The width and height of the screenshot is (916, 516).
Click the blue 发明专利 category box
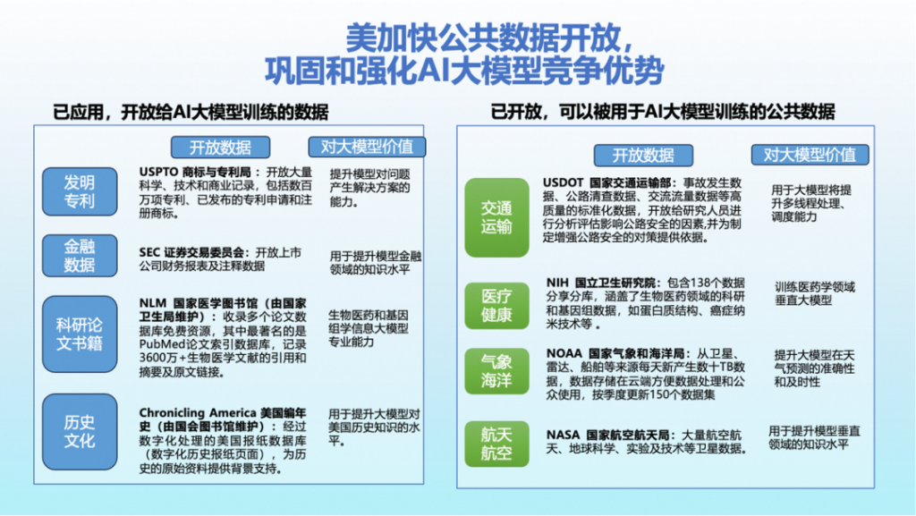(80, 191)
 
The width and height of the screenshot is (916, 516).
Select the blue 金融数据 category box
(80, 256)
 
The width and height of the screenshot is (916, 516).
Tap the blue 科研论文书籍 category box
(80, 334)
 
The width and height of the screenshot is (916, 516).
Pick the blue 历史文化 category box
(80, 431)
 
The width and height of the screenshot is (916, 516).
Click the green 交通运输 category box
(496, 217)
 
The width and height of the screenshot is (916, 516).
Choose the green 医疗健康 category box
(496, 305)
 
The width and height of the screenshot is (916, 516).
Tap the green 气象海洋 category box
(496, 371)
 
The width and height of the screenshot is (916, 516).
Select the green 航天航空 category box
(496, 444)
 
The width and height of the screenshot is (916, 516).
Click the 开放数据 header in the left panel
(220, 147)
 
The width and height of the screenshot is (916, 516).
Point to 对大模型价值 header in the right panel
(810, 155)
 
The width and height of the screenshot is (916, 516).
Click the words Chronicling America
(198, 412)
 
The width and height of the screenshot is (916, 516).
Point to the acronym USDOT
(564, 182)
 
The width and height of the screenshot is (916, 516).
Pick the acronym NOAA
(564, 354)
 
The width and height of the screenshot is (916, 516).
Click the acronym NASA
(564, 436)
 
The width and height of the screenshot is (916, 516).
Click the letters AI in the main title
(433, 71)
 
